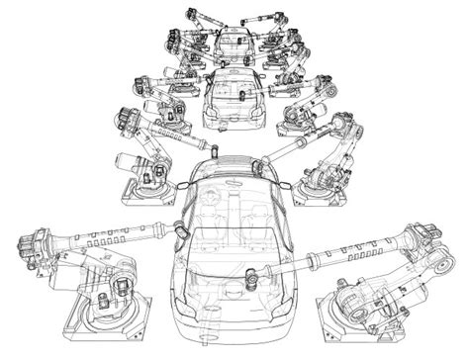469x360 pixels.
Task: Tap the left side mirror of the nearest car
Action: tap(180, 227)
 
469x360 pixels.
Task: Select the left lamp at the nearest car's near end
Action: tap(188, 334)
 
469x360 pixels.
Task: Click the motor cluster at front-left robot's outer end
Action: tap(30, 247)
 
